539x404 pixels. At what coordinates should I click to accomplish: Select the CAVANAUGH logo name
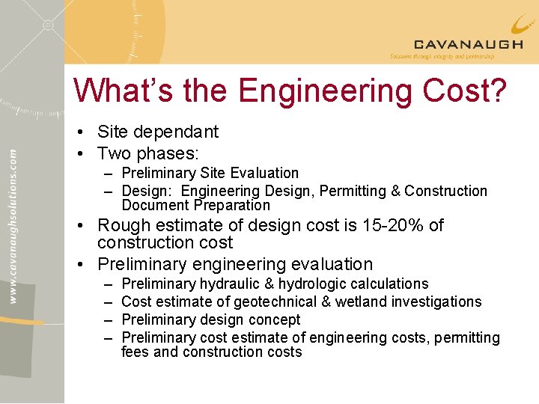[x=468, y=44]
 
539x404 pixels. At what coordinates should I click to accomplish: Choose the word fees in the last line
[x=135, y=352]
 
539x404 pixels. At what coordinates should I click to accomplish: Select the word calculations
[x=394, y=284]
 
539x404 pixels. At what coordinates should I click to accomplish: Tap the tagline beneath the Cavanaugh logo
[x=442, y=56]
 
